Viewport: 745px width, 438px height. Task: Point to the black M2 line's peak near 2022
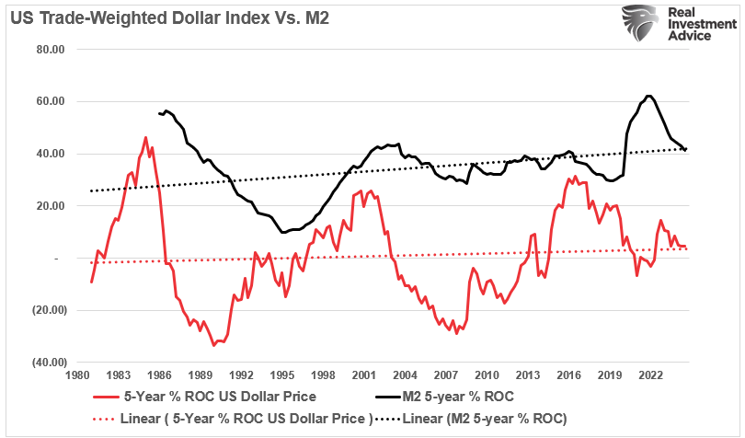pos(649,96)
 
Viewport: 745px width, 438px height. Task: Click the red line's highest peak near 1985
pos(145,138)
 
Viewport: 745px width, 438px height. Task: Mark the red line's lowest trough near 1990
pos(213,345)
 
